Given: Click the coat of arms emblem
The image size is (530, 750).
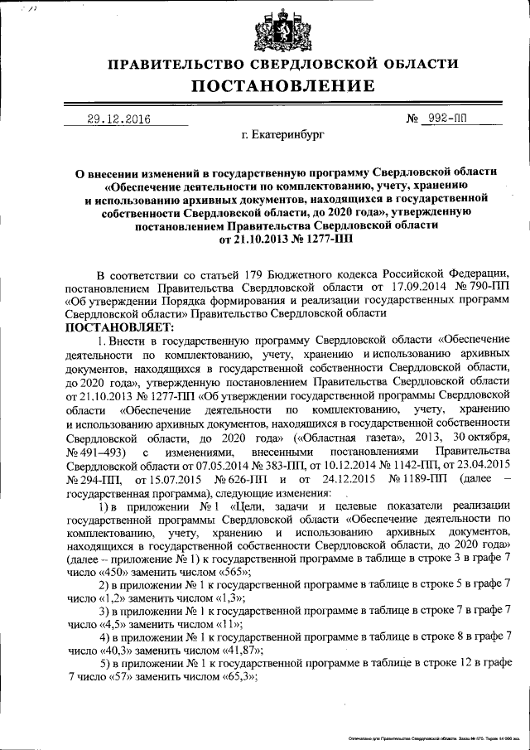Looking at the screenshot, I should [272, 31].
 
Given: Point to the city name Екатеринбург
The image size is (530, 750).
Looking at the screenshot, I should [282, 133].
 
